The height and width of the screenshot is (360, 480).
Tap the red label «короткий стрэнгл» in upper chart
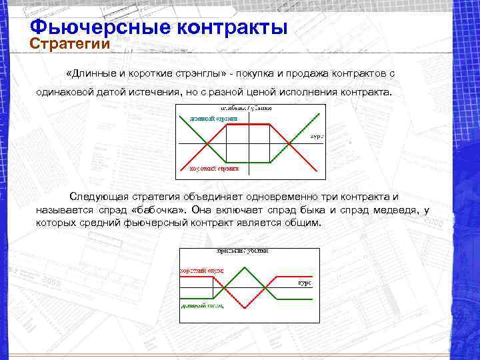214,170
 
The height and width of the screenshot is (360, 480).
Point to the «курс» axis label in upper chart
317,136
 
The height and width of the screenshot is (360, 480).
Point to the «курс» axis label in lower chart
304,283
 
